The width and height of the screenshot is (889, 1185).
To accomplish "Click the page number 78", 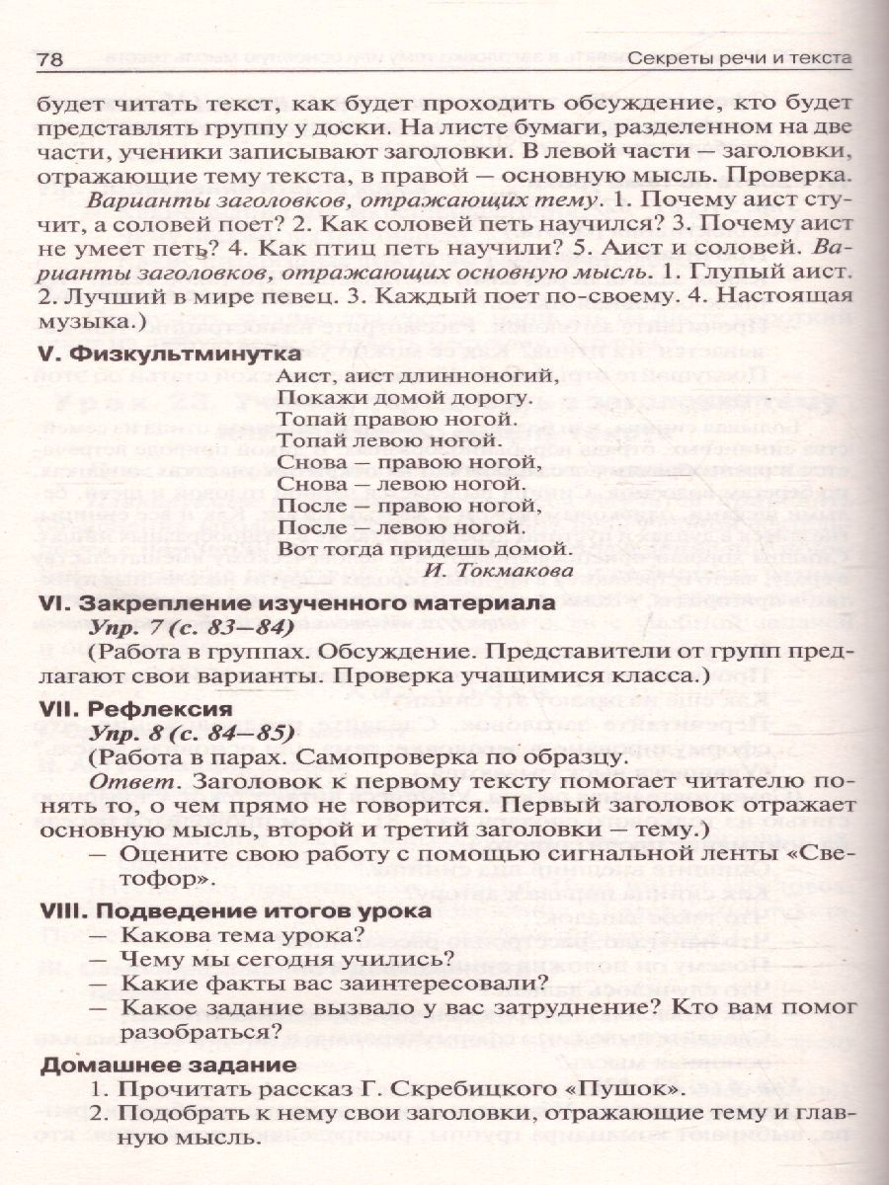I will click(x=50, y=60).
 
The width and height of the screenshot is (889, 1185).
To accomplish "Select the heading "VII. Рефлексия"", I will click(x=135, y=709).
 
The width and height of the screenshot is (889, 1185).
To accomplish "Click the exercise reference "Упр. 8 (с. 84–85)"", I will click(x=194, y=734).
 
